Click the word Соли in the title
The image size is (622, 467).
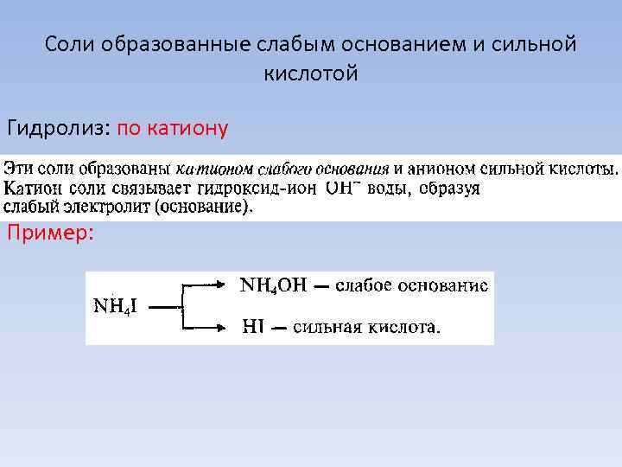tap(71, 43)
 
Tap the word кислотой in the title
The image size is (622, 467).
tap(310, 74)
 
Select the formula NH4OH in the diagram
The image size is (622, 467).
tap(272, 285)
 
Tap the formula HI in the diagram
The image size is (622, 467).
tap(255, 327)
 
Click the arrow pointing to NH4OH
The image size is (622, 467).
tap(207, 284)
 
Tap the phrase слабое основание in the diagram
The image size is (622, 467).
tap(411, 285)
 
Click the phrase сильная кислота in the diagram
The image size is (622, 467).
tap(365, 327)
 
